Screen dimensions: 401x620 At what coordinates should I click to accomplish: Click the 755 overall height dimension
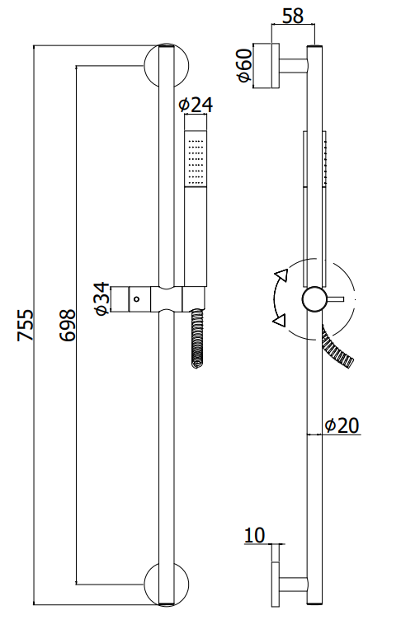(x=26, y=325)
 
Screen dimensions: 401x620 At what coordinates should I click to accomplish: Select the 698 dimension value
(x=68, y=325)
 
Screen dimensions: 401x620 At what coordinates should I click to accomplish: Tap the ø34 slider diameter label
(x=101, y=298)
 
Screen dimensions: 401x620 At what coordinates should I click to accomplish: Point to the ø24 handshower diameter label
(x=196, y=105)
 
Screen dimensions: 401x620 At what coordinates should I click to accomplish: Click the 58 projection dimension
(x=293, y=16)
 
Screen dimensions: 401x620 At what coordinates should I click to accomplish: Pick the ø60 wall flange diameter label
(x=244, y=65)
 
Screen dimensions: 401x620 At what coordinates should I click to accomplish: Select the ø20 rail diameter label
(x=342, y=425)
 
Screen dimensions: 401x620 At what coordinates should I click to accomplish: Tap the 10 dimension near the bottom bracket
(x=254, y=535)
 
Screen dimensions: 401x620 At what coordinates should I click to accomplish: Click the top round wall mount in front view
(x=167, y=66)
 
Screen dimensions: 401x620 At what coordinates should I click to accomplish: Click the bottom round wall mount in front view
(x=167, y=585)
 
